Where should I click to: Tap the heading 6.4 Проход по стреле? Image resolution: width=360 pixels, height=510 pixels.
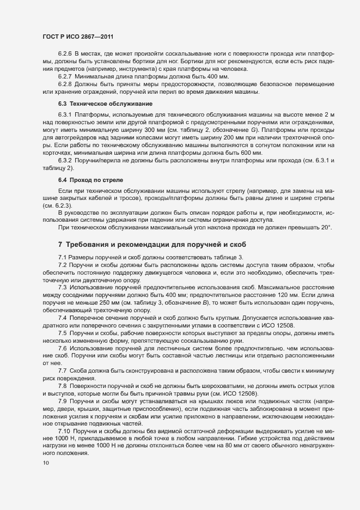tap(90, 179)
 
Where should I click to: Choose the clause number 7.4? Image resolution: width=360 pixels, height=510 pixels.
tap(62, 317)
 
